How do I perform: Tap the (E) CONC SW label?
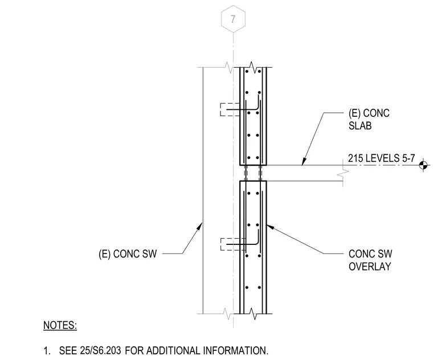pyautogui.click(x=128, y=253)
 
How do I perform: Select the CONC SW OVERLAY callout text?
pyautogui.click(x=370, y=260)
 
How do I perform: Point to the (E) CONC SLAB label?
pyautogui.click(x=369, y=119)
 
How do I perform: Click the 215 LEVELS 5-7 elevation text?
pyautogui.click(x=381, y=158)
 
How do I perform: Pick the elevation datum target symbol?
pyautogui.click(x=423, y=165)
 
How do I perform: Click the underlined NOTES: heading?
pyautogui.click(x=60, y=325)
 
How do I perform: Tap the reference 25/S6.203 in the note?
pyautogui.click(x=100, y=351)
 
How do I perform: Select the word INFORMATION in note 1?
pyautogui.click(x=235, y=351)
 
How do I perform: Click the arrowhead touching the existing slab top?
pyautogui.click(x=304, y=162)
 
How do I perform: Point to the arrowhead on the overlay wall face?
pyautogui.click(x=270, y=227)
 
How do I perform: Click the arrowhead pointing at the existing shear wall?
pyautogui.click(x=199, y=226)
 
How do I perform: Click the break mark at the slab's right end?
pyautogui.click(x=343, y=173)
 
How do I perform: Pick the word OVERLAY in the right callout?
pyautogui.click(x=370, y=267)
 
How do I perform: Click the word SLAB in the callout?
pyautogui.click(x=360, y=126)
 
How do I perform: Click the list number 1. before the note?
pyautogui.click(x=47, y=351)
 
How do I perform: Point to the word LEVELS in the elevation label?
pyautogui.click(x=382, y=158)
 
